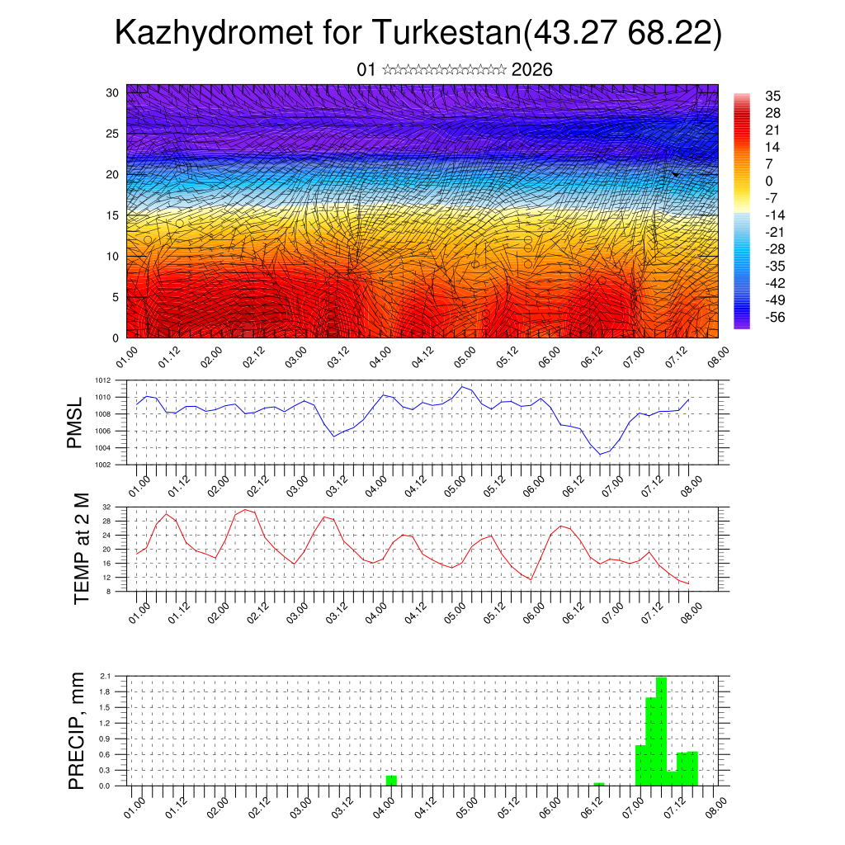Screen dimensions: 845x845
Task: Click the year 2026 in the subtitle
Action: (x=532, y=70)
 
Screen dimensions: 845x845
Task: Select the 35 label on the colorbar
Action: (x=773, y=97)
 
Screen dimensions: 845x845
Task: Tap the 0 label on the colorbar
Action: (x=769, y=181)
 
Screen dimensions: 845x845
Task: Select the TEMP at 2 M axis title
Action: (x=81, y=549)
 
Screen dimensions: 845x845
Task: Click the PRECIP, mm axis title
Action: (x=77, y=729)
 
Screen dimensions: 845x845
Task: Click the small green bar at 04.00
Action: (x=391, y=781)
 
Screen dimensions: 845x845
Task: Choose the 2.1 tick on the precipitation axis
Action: (x=105, y=676)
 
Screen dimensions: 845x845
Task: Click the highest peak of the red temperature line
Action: (x=245, y=509)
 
